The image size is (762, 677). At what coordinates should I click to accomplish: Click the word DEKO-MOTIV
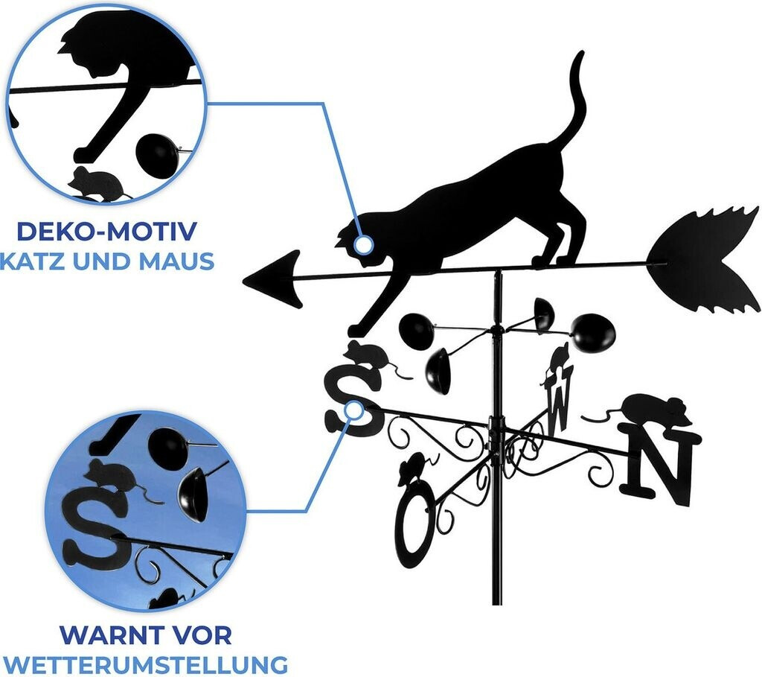[106, 231]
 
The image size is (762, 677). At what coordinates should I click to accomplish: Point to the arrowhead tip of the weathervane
[243, 279]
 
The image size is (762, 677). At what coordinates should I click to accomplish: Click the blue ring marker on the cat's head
[363, 244]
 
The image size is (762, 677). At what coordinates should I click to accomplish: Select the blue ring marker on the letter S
[355, 411]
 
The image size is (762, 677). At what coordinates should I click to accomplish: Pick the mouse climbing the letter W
[557, 362]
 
